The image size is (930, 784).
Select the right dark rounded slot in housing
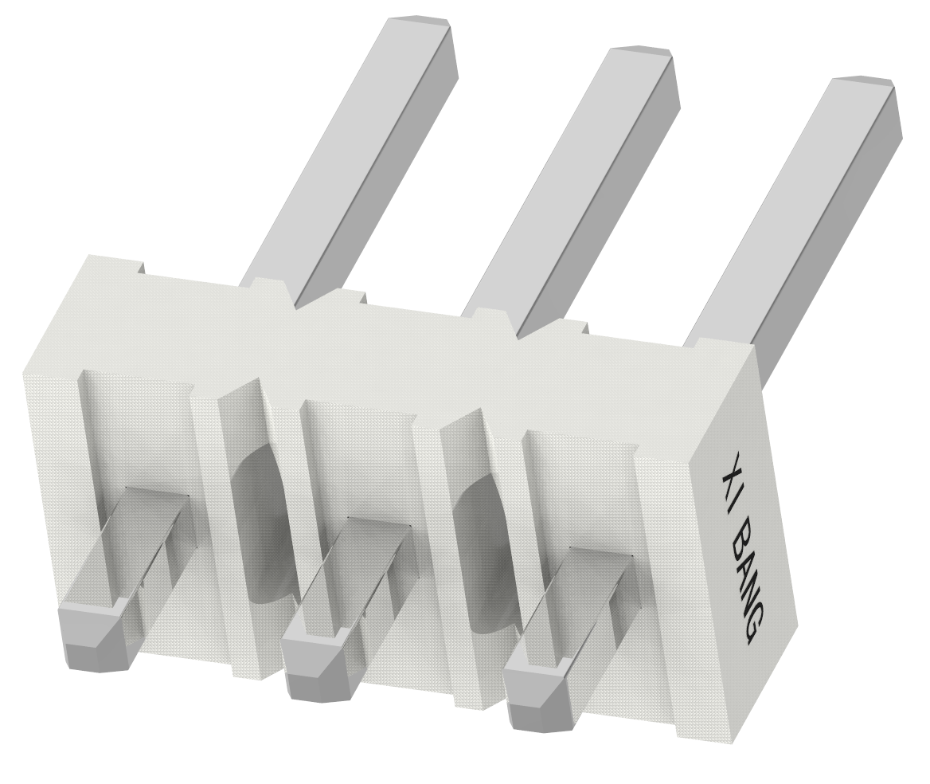click(x=479, y=550)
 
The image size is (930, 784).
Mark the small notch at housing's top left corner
click(x=139, y=268)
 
